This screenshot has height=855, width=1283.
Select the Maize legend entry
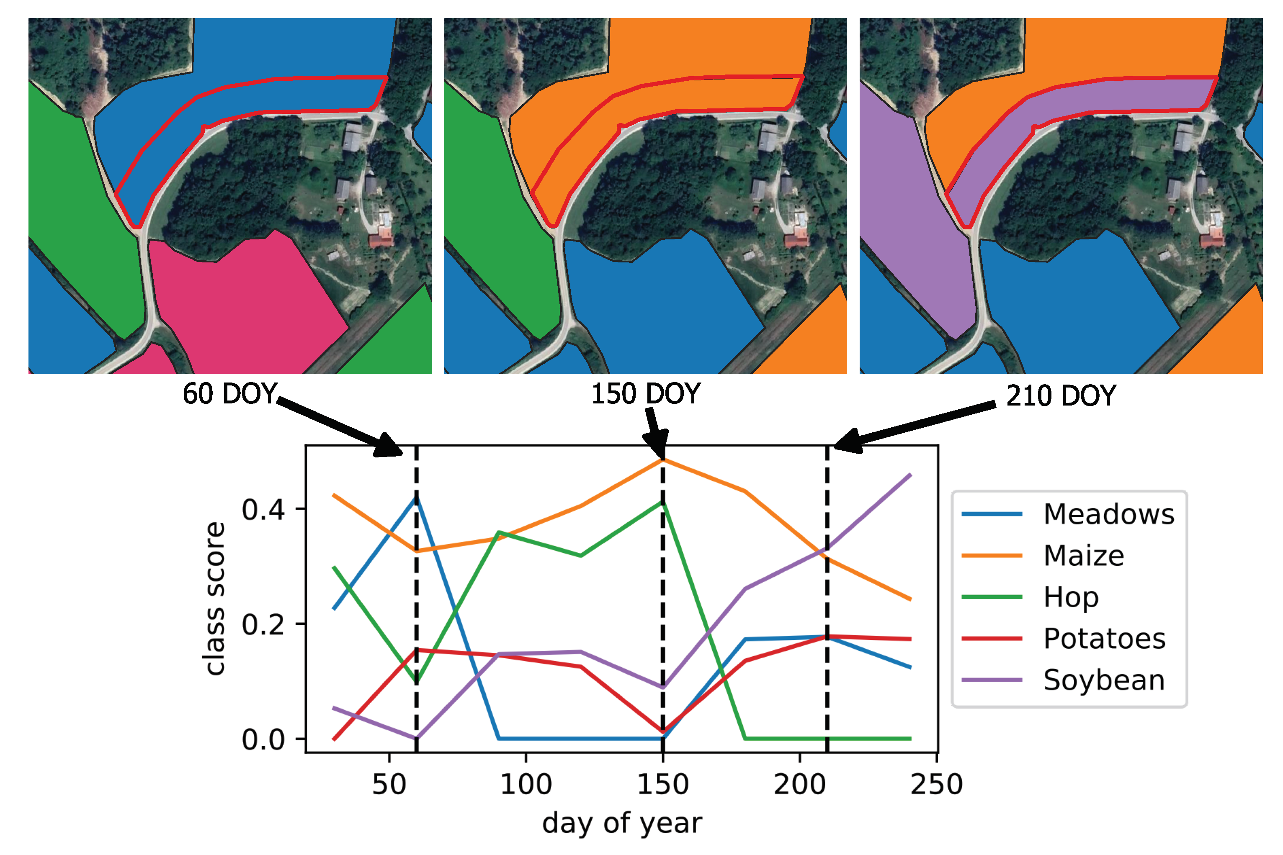tap(1083, 556)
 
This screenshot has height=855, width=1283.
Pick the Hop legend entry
tap(1070, 597)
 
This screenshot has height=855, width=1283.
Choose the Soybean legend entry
tap(1103, 680)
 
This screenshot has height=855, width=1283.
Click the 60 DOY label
tap(229, 394)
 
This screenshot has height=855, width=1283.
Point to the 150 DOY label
tap(646, 394)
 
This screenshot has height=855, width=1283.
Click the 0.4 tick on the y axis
tap(263, 510)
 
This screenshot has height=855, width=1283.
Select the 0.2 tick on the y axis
tap(263, 625)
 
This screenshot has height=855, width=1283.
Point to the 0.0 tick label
tap(263, 740)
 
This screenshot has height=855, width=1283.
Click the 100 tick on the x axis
tap(526, 785)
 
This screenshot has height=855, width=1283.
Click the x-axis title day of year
tap(622, 823)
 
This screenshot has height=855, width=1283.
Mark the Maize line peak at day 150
tap(663, 460)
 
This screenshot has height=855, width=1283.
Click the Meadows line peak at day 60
tap(417, 497)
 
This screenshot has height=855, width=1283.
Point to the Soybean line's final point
tap(910, 475)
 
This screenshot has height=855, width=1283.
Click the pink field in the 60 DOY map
tap(245, 306)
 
